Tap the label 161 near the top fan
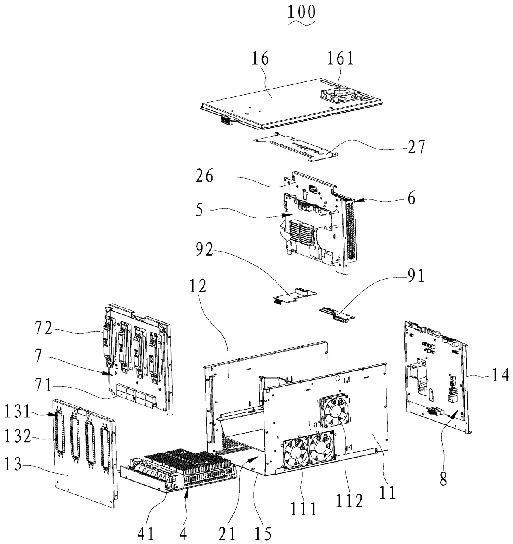pos(340,58)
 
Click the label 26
pos(204,176)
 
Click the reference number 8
pos(443,478)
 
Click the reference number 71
pos(43,385)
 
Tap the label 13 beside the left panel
pos(13,463)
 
